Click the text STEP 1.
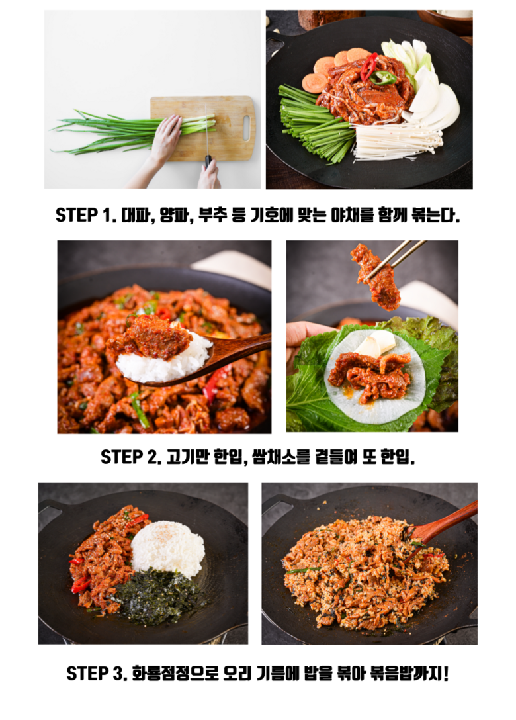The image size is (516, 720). [83, 214]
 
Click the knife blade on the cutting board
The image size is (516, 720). [206, 130]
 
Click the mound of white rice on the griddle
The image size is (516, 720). [168, 549]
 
